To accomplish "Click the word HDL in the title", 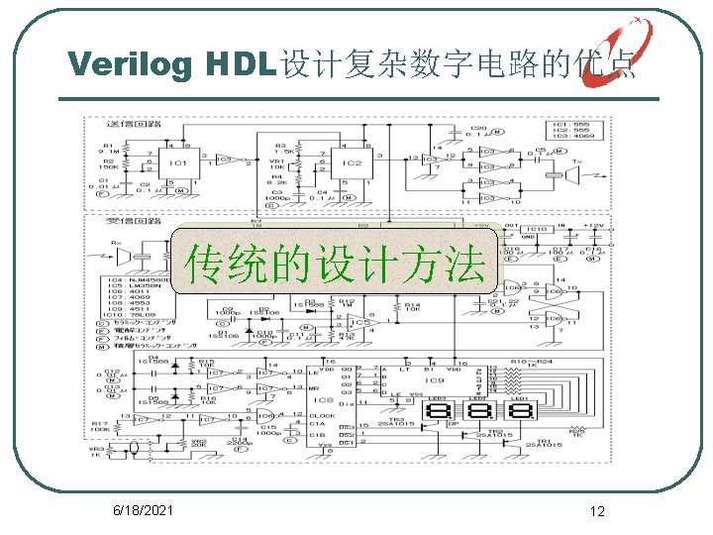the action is pyautogui.click(x=237, y=63).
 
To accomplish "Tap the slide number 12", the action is pyautogui.click(x=596, y=511).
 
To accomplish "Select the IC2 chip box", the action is pyautogui.click(x=353, y=162).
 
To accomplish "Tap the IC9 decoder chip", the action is pyautogui.click(x=433, y=381).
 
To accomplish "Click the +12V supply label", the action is pyautogui.click(x=593, y=227).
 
